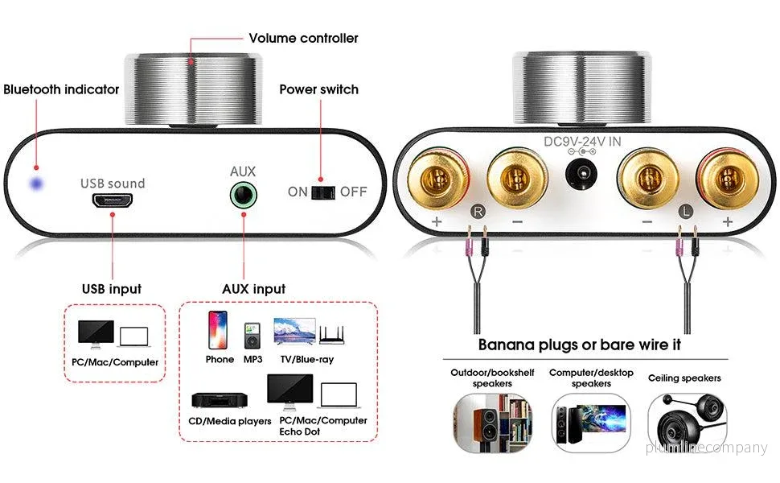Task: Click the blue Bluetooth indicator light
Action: point(36,184)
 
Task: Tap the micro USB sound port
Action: point(112,200)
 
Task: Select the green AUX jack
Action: point(244,195)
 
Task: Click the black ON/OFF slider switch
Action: point(323,192)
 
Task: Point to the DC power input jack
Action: point(581,174)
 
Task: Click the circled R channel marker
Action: point(478,212)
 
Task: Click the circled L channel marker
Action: point(685,212)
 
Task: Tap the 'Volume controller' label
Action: point(303,39)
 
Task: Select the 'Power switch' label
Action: point(319,89)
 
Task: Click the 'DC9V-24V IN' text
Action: point(582,142)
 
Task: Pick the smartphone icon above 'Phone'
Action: point(218,329)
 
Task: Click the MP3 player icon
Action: point(252,336)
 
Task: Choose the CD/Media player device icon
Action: point(220,400)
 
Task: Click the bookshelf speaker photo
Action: point(492,423)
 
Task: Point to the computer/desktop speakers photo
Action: point(591,423)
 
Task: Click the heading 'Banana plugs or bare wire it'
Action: point(580,345)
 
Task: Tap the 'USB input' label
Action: point(112,289)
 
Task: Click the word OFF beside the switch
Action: point(353,192)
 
